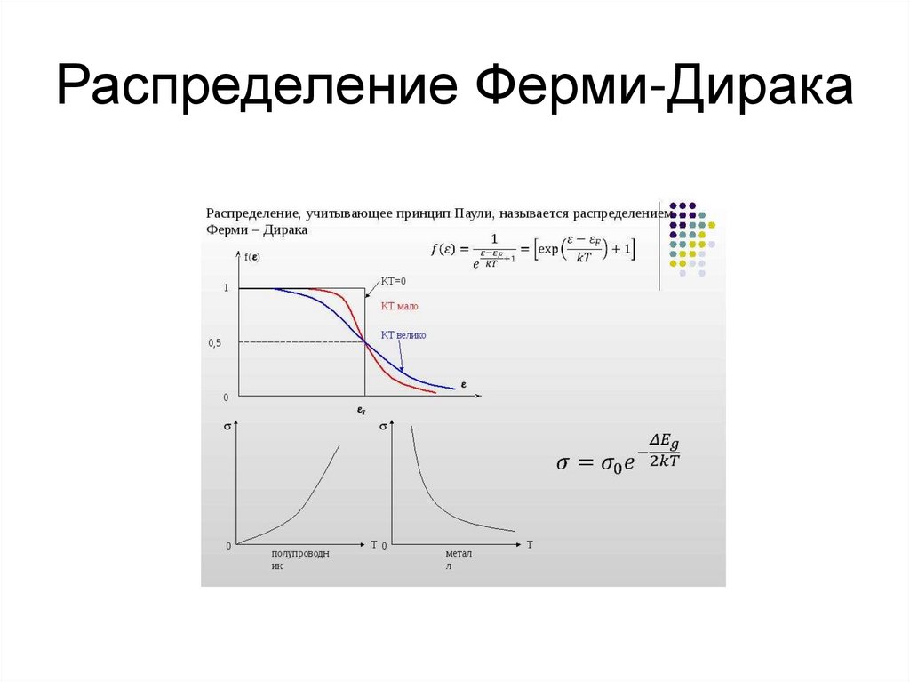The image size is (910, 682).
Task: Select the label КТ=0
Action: [x=393, y=281]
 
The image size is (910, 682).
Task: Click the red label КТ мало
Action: [x=399, y=306]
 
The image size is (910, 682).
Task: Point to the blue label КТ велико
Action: [x=403, y=335]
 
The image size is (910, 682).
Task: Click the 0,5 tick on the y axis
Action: [x=215, y=342]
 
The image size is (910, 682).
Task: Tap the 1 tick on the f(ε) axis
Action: [x=226, y=288]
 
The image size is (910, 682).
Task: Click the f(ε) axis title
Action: [x=251, y=257]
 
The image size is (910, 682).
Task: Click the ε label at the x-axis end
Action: [x=463, y=385]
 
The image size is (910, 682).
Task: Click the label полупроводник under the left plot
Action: [x=299, y=559]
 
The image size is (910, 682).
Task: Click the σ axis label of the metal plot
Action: [x=383, y=427]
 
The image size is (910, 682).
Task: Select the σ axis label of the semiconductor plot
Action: [x=228, y=427]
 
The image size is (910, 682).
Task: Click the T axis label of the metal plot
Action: [x=530, y=544]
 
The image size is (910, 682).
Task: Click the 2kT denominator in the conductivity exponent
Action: [x=663, y=460]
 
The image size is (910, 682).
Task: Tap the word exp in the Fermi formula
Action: [x=551, y=250]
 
